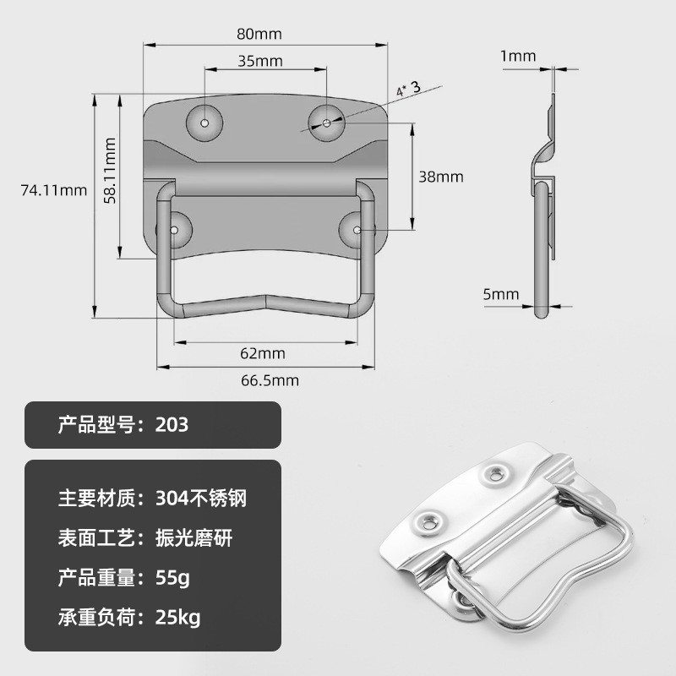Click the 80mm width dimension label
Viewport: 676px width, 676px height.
click(x=258, y=35)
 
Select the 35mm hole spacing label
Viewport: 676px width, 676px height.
click(x=260, y=61)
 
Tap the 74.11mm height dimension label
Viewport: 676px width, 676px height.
click(x=53, y=190)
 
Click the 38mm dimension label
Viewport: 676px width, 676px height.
click(x=441, y=177)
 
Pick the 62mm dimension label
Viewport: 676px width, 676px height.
click(x=263, y=352)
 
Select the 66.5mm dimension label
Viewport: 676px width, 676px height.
click(x=270, y=379)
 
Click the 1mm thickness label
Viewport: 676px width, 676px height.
click(x=518, y=57)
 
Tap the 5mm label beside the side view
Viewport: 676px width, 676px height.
click(x=501, y=294)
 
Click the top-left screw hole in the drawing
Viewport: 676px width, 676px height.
click(x=204, y=122)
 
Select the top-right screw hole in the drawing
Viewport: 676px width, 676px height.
click(x=326, y=123)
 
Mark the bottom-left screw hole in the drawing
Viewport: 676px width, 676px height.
click(x=176, y=230)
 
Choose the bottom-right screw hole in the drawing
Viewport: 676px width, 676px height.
click(x=358, y=229)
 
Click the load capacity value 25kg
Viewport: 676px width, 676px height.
click(x=178, y=618)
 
